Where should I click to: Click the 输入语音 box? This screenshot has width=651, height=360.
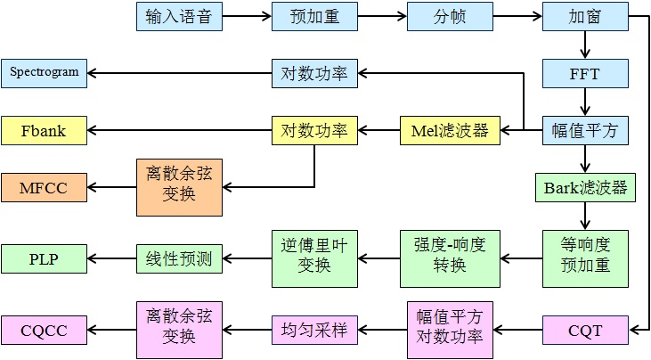click(179, 16)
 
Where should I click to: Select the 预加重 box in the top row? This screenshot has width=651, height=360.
click(314, 16)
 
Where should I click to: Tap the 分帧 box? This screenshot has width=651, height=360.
click(450, 16)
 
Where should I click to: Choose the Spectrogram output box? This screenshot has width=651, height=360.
click(45, 72)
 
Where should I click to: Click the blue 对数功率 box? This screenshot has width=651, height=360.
click(314, 73)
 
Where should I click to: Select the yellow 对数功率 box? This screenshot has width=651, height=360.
click(314, 131)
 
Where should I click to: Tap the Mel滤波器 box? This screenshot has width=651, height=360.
click(450, 131)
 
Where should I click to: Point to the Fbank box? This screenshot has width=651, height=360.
click(45, 131)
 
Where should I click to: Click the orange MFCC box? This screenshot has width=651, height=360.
click(45, 187)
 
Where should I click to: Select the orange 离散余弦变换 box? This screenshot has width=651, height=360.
click(179, 187)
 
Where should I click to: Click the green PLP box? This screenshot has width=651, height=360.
click(45, 258)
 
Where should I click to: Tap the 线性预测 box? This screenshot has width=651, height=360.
click(179, 258)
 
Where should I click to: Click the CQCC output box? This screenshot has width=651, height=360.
click(45, 331)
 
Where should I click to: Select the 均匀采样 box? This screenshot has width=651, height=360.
click(314, 331)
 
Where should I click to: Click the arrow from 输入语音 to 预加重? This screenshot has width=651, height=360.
click(247, 16)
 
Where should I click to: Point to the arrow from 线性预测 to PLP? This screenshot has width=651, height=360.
click(112, 258)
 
